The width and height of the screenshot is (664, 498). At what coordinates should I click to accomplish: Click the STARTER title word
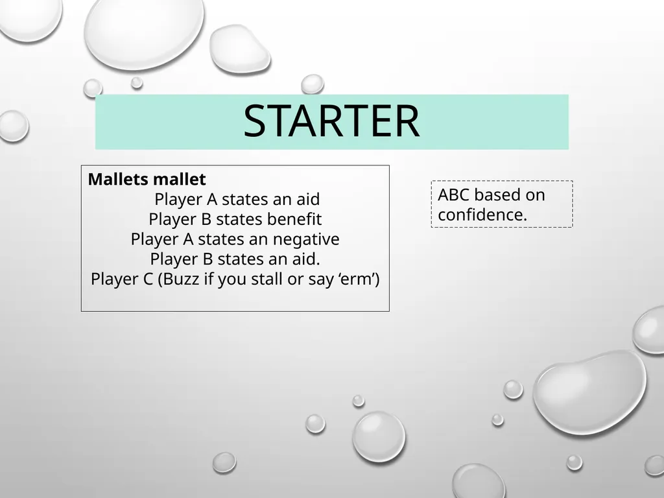coord(331,122)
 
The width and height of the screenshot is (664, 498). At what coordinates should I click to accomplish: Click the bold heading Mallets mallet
coord(147,179)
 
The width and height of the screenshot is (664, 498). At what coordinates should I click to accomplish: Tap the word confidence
coord(482,215)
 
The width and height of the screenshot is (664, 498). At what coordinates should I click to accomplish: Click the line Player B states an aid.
coord(235,259)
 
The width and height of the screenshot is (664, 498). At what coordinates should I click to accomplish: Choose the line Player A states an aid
coord(237,199)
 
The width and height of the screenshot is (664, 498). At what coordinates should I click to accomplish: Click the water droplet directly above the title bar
coord(313,84)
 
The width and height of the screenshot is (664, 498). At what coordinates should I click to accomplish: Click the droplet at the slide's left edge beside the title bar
coord(12,125)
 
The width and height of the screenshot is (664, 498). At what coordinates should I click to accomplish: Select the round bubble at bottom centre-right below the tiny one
coord(379,436)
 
